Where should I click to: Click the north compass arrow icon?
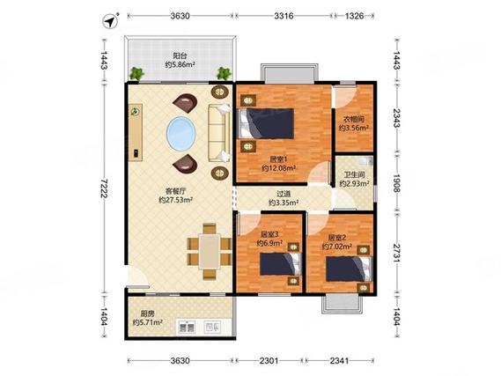(x=110, y=21)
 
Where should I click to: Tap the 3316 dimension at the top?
(x=284, y=16)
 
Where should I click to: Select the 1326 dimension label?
(x=354, y=16)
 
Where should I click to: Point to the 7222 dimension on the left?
(x=104, y=188)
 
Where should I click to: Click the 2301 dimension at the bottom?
(x=269, y=361)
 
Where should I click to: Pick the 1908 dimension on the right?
(x=396, y=183)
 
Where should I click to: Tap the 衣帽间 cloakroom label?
(x=354, y=120)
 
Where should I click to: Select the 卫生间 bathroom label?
(x=354, y=174)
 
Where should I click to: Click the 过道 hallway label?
(x=284, y=194)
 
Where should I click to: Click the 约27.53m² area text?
(x=175, y=200)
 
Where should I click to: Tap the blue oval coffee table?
(x=181, y=134)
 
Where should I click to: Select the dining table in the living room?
(x=210, y=252)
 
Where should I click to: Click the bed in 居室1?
(x=266, y=123)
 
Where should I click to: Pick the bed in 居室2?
(x=350, y=269)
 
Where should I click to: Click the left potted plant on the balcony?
(x=136, y=73)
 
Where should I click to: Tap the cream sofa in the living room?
(x=219, y=133)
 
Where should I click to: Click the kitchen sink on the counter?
(x=187, y=327)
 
